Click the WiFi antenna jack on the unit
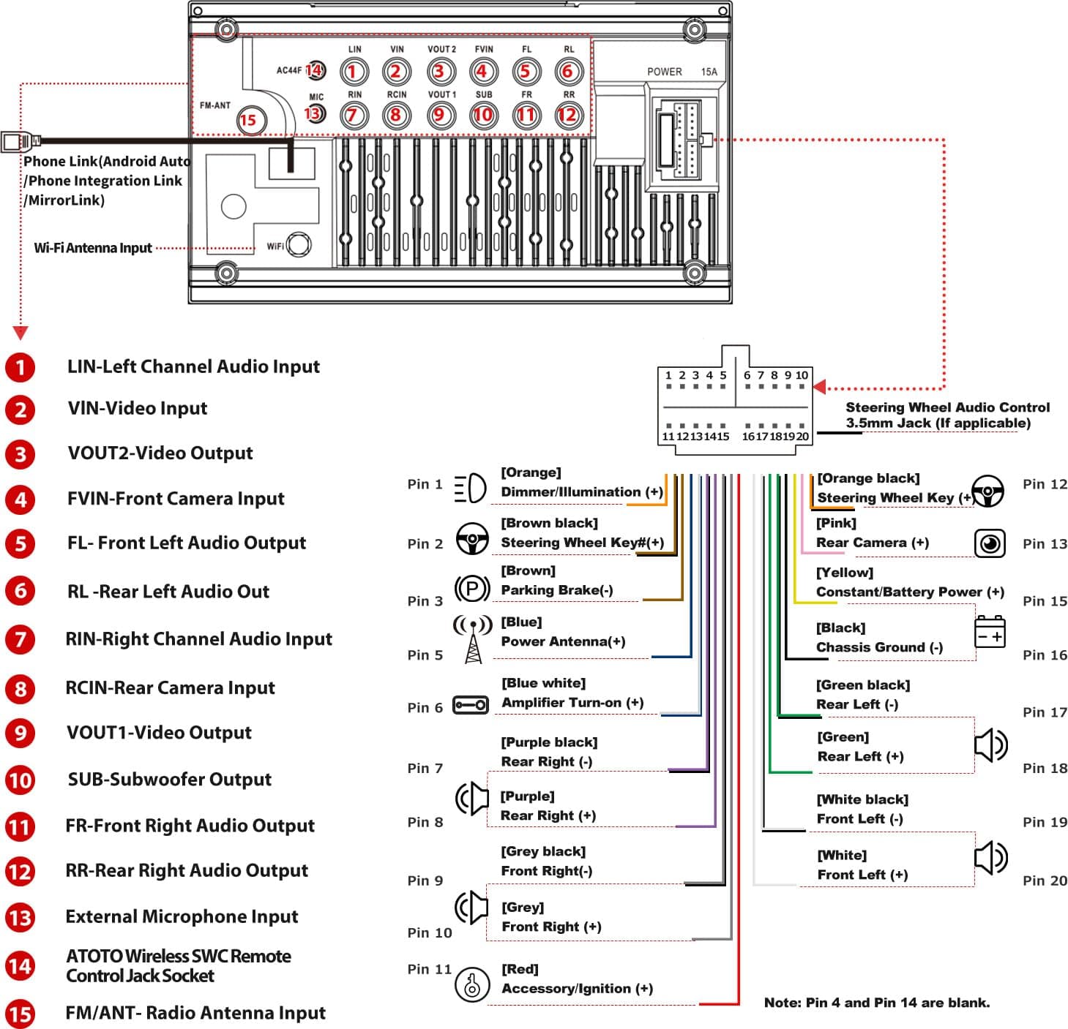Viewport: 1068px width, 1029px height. (299, 244)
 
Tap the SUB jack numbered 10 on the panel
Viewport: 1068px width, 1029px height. (483, 115)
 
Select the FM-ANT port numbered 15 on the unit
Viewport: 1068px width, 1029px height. (248, 120)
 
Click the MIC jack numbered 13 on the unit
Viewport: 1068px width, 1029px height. (315, 113)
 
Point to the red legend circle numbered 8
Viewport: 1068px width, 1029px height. (20, 688)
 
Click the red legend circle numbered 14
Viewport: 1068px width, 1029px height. (20, 966)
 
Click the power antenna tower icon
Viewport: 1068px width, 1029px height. (473, 638)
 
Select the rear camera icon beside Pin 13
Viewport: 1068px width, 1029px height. (990, 543)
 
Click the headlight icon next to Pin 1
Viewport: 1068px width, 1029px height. (470, 488)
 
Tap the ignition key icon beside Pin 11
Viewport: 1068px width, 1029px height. (472, 984)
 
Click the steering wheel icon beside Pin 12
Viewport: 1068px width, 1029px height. (987, 491)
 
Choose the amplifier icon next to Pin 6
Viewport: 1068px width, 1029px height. (470, 705)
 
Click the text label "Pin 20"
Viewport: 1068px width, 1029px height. (1045, 881)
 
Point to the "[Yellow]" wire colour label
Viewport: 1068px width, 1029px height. (845, 572)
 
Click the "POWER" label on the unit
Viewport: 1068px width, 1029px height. (664, 72)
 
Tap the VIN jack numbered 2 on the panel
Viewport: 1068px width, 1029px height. (396, 71)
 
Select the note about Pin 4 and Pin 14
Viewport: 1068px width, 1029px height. (876, 1003)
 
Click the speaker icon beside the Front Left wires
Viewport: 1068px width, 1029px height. (991, 857)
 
